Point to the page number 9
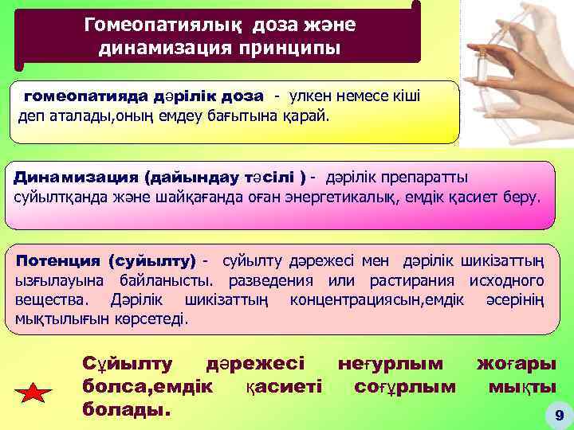pos(558,415)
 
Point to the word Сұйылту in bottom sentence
pos(128,364)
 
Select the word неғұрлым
pos(391,364)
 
